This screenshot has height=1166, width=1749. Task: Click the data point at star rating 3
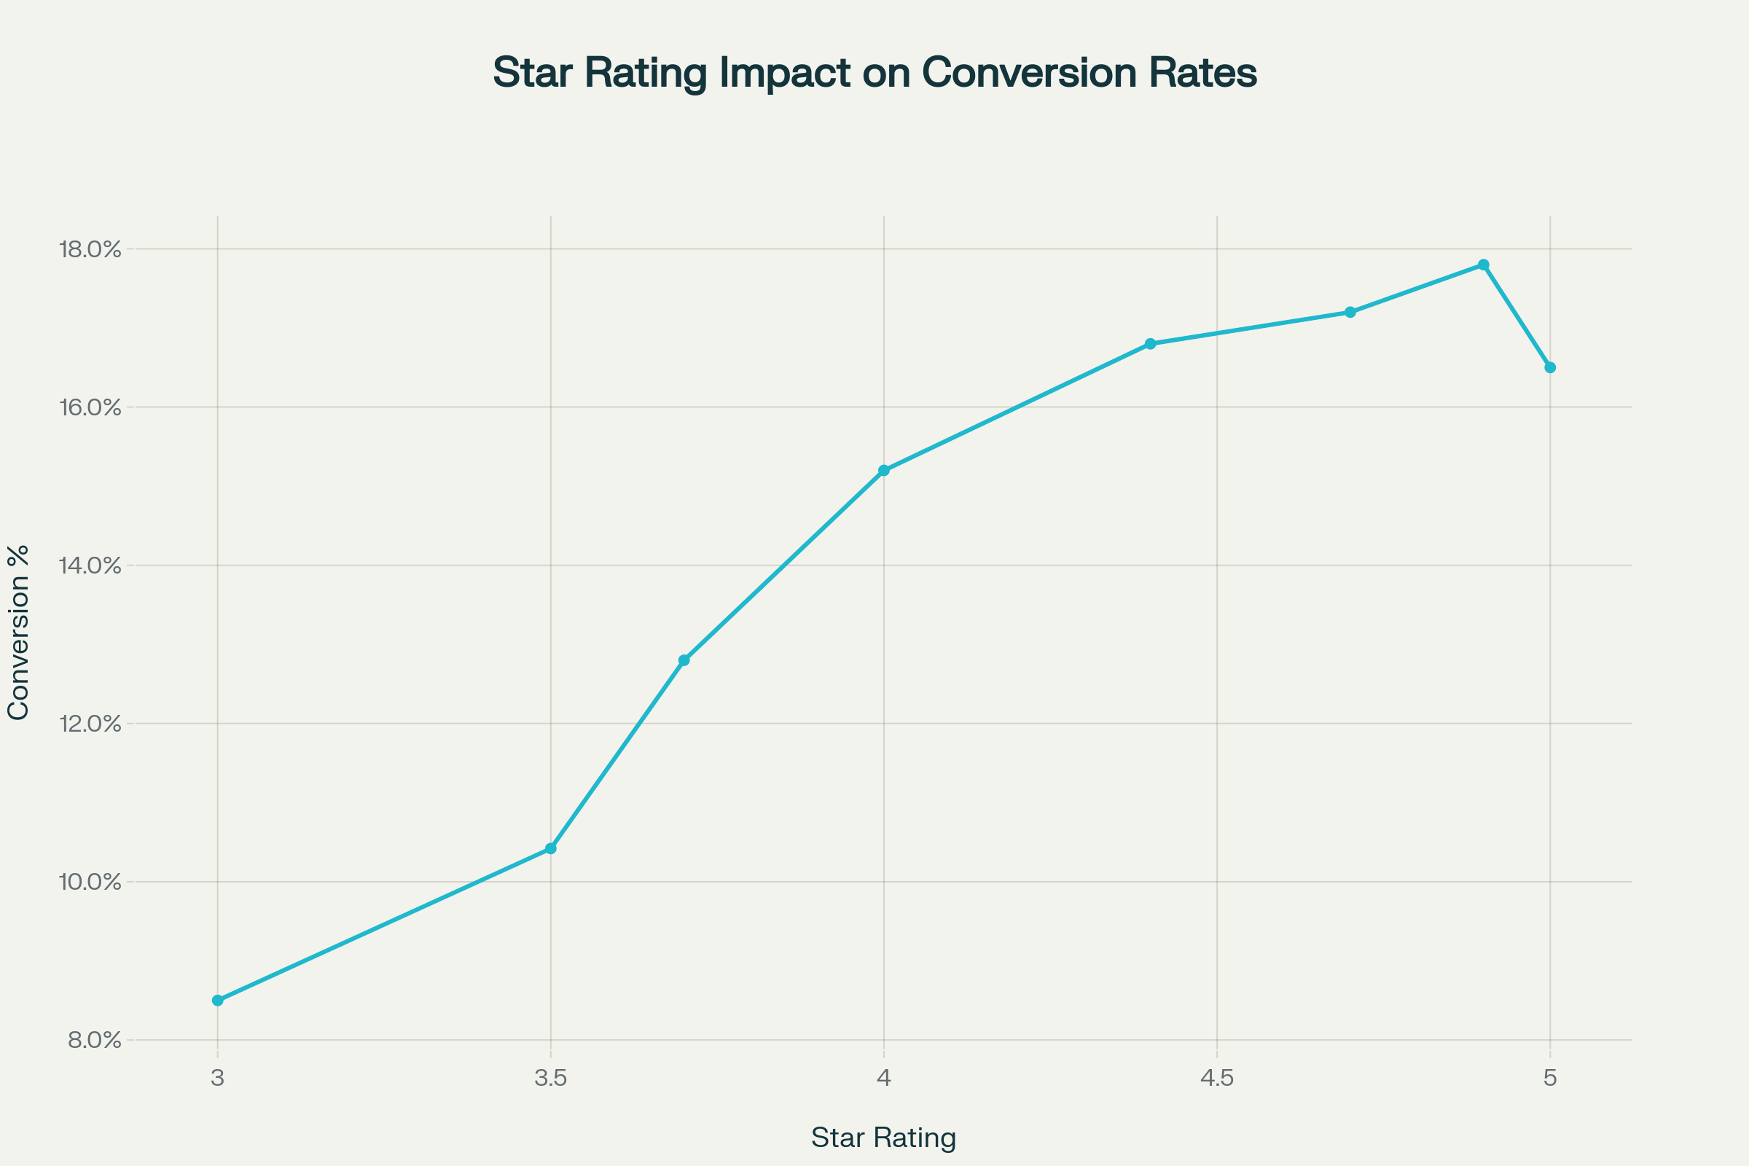(217, 1000)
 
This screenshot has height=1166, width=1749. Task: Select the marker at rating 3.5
(550, 848)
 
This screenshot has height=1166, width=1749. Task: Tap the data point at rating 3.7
(684, 660)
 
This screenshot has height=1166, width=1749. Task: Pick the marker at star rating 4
(883, 471)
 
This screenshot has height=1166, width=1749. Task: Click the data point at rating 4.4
(1151, 343)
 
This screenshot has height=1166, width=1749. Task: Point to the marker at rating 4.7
(1350, 313)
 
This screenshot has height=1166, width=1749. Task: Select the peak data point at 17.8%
(1484, 265)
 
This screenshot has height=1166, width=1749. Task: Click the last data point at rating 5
(1550, 367)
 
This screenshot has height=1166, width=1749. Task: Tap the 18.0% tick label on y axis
(90, 249)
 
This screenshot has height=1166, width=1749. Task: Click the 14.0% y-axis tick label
(90, 566)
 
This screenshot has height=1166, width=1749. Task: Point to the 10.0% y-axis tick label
(90, 883)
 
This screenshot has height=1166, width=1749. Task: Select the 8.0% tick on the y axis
(95, 1041)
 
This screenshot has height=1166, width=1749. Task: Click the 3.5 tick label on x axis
(550, 1079)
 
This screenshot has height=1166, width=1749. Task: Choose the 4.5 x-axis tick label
(1216, 1079)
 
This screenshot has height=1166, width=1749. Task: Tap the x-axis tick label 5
(1550, 1079)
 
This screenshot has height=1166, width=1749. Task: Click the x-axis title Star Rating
(883, 1138)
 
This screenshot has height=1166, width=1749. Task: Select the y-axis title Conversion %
(17, 632)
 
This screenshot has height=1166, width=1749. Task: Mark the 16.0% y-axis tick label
(90, 407)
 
